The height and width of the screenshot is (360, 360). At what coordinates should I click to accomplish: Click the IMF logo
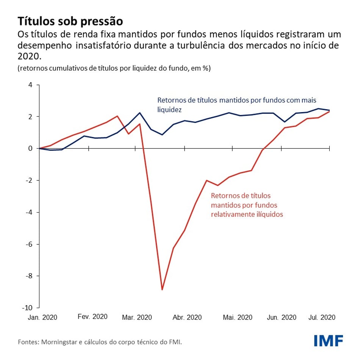[x=328, y=340]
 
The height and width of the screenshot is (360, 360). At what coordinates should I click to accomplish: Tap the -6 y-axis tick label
[x=30, y=244]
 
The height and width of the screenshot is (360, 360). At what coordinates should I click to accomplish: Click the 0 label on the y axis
[x=30, y=148]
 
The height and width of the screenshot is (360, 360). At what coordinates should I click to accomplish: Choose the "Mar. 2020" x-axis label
[x=136, y=317]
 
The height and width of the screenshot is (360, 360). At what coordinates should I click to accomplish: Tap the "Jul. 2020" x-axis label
[x=322, y=317]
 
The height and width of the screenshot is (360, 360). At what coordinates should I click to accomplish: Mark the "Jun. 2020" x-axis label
[x=282, y=317]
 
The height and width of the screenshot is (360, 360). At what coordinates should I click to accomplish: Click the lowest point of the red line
[x=162, y=290]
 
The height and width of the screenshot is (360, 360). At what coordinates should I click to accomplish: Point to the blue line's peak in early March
[x=140, y=113]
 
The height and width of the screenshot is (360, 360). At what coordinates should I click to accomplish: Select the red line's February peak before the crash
[x=117, y=116]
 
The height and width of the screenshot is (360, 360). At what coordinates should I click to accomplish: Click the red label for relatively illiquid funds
[x=247, y=205]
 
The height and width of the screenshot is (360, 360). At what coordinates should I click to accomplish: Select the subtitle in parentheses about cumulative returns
[x=114, y=68]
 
